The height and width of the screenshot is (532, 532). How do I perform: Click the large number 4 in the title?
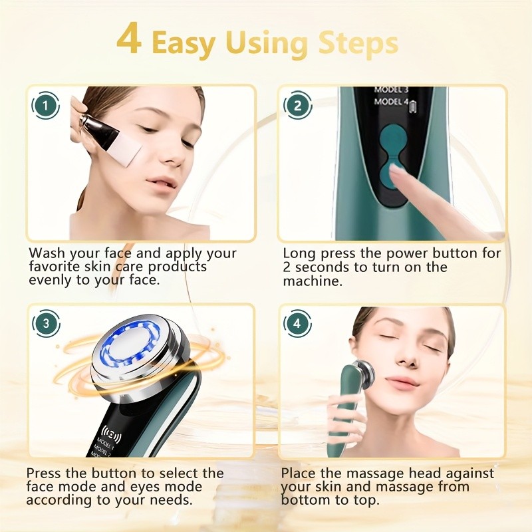pos(130,41)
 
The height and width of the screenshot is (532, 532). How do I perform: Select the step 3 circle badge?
pos(45,324)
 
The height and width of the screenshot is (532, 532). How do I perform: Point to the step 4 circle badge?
pos(297,324)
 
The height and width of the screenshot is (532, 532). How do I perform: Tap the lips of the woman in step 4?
pos(401,382)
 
